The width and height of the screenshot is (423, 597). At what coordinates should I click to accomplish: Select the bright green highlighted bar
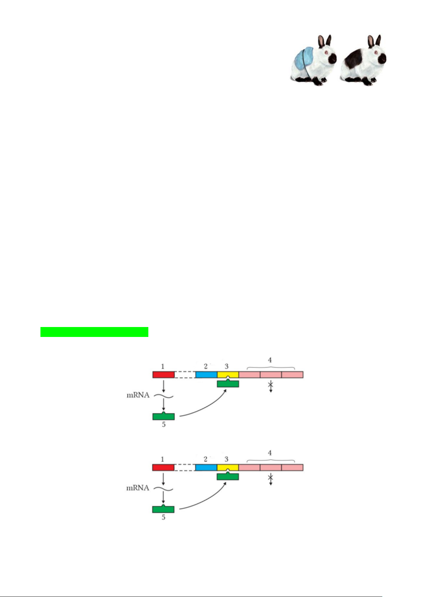[94, 332]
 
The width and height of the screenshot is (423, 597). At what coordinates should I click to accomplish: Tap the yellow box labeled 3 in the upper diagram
[227, 374]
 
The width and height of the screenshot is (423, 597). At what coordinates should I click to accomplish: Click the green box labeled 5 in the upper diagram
[163, 416]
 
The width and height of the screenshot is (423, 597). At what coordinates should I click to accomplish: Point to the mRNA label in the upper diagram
[138, 395]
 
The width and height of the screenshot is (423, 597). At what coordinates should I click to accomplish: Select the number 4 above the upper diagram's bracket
[270, 360]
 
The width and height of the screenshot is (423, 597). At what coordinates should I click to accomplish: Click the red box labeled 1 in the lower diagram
[163, 468]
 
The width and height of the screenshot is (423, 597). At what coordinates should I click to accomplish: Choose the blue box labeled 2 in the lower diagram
[206, 468]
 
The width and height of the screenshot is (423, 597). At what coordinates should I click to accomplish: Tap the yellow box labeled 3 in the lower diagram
[227, 467]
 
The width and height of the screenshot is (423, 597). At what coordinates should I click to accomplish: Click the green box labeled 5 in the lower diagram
[163, 509]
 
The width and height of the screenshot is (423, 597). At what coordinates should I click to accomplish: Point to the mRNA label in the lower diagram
[138, 488]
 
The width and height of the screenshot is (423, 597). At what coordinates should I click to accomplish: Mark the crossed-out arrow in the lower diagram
[270, 479]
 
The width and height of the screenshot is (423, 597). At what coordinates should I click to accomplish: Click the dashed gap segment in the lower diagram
[185, 468]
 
